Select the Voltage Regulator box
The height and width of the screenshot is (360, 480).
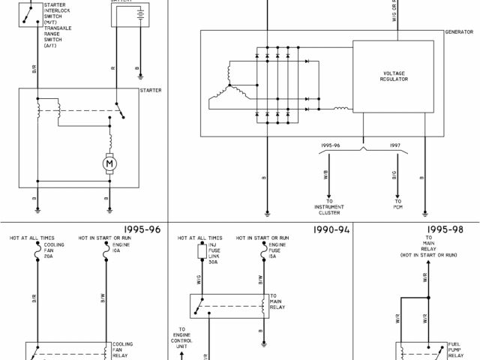coord(394,77)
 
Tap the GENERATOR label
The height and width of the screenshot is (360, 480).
coord(459,33)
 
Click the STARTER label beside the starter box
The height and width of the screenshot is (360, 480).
coord(151,90)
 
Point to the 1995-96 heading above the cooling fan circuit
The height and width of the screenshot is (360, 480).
coord(143,229)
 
